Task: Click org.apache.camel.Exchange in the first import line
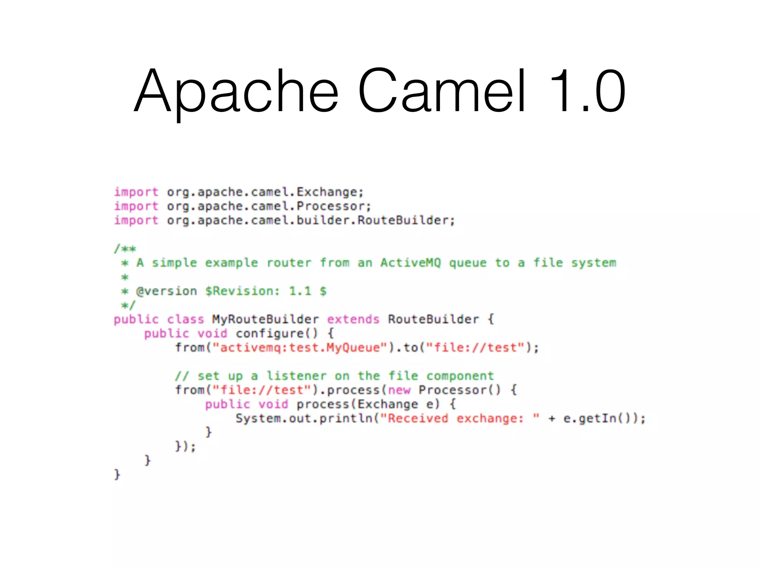coord(265,192)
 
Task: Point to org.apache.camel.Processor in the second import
coord(268,206)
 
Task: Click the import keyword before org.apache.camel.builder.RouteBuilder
coord(136,220)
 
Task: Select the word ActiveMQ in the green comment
coord(411,263)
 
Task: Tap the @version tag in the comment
coord(166,291)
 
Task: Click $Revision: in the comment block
coord(242,291)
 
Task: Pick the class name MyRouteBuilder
coord(265,319)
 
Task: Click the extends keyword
coord(353,319)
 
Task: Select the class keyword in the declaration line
coord(185,319)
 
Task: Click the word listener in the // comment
coord(296,376)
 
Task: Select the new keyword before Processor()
coord(399,390)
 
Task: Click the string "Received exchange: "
coord(460,419)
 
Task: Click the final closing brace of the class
coord(117,475)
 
